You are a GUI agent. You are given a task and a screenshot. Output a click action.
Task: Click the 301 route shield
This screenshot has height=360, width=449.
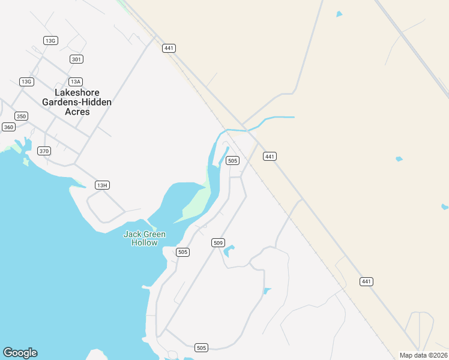coord(76,59)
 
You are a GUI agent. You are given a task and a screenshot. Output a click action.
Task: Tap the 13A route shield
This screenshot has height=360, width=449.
coord(75,82)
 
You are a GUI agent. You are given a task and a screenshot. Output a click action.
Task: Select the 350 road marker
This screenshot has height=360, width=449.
coord(22,116)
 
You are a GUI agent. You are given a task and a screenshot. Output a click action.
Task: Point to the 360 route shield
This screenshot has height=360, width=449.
coord(8,127)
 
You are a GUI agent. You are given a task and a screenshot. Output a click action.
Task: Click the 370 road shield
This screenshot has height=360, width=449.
coord(44,151)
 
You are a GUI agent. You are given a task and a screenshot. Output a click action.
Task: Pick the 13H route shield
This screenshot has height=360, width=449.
coord(102,185)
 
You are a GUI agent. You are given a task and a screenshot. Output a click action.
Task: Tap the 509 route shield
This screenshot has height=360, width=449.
coord(218,243)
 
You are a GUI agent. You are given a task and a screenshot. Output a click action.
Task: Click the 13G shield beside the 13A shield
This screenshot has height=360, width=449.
coord(26,82)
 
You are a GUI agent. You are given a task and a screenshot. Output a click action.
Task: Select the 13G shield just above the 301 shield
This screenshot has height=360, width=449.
coord(50,40)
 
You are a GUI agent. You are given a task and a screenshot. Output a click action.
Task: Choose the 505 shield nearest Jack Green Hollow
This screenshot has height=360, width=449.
coord(183,252)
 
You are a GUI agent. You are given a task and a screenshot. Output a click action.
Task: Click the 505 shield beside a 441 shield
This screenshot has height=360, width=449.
coord(233,160)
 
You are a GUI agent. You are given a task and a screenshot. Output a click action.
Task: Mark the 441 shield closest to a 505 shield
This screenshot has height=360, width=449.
coord(270,156)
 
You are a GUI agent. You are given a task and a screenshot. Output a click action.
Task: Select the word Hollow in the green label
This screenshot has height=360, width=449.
coord(144,243)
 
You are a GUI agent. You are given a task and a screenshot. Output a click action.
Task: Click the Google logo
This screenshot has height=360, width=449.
coord(20,353)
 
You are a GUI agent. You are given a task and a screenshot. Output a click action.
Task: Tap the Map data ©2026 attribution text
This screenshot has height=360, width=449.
coord(423,355)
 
